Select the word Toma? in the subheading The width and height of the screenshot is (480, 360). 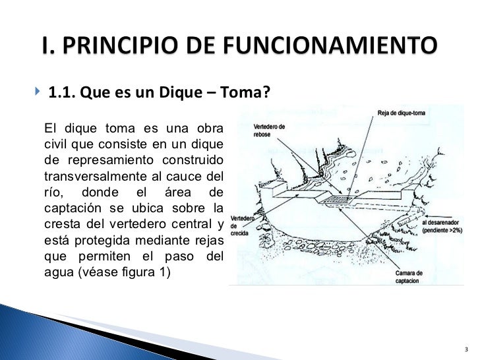(x=249, y=92)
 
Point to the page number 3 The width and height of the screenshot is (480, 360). (x=465, y=349)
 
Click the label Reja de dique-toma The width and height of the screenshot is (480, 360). (x=402, y=113)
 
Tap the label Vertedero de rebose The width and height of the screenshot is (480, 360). (x=269, y=130)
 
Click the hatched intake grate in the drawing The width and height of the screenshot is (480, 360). (x=341, y=198)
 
